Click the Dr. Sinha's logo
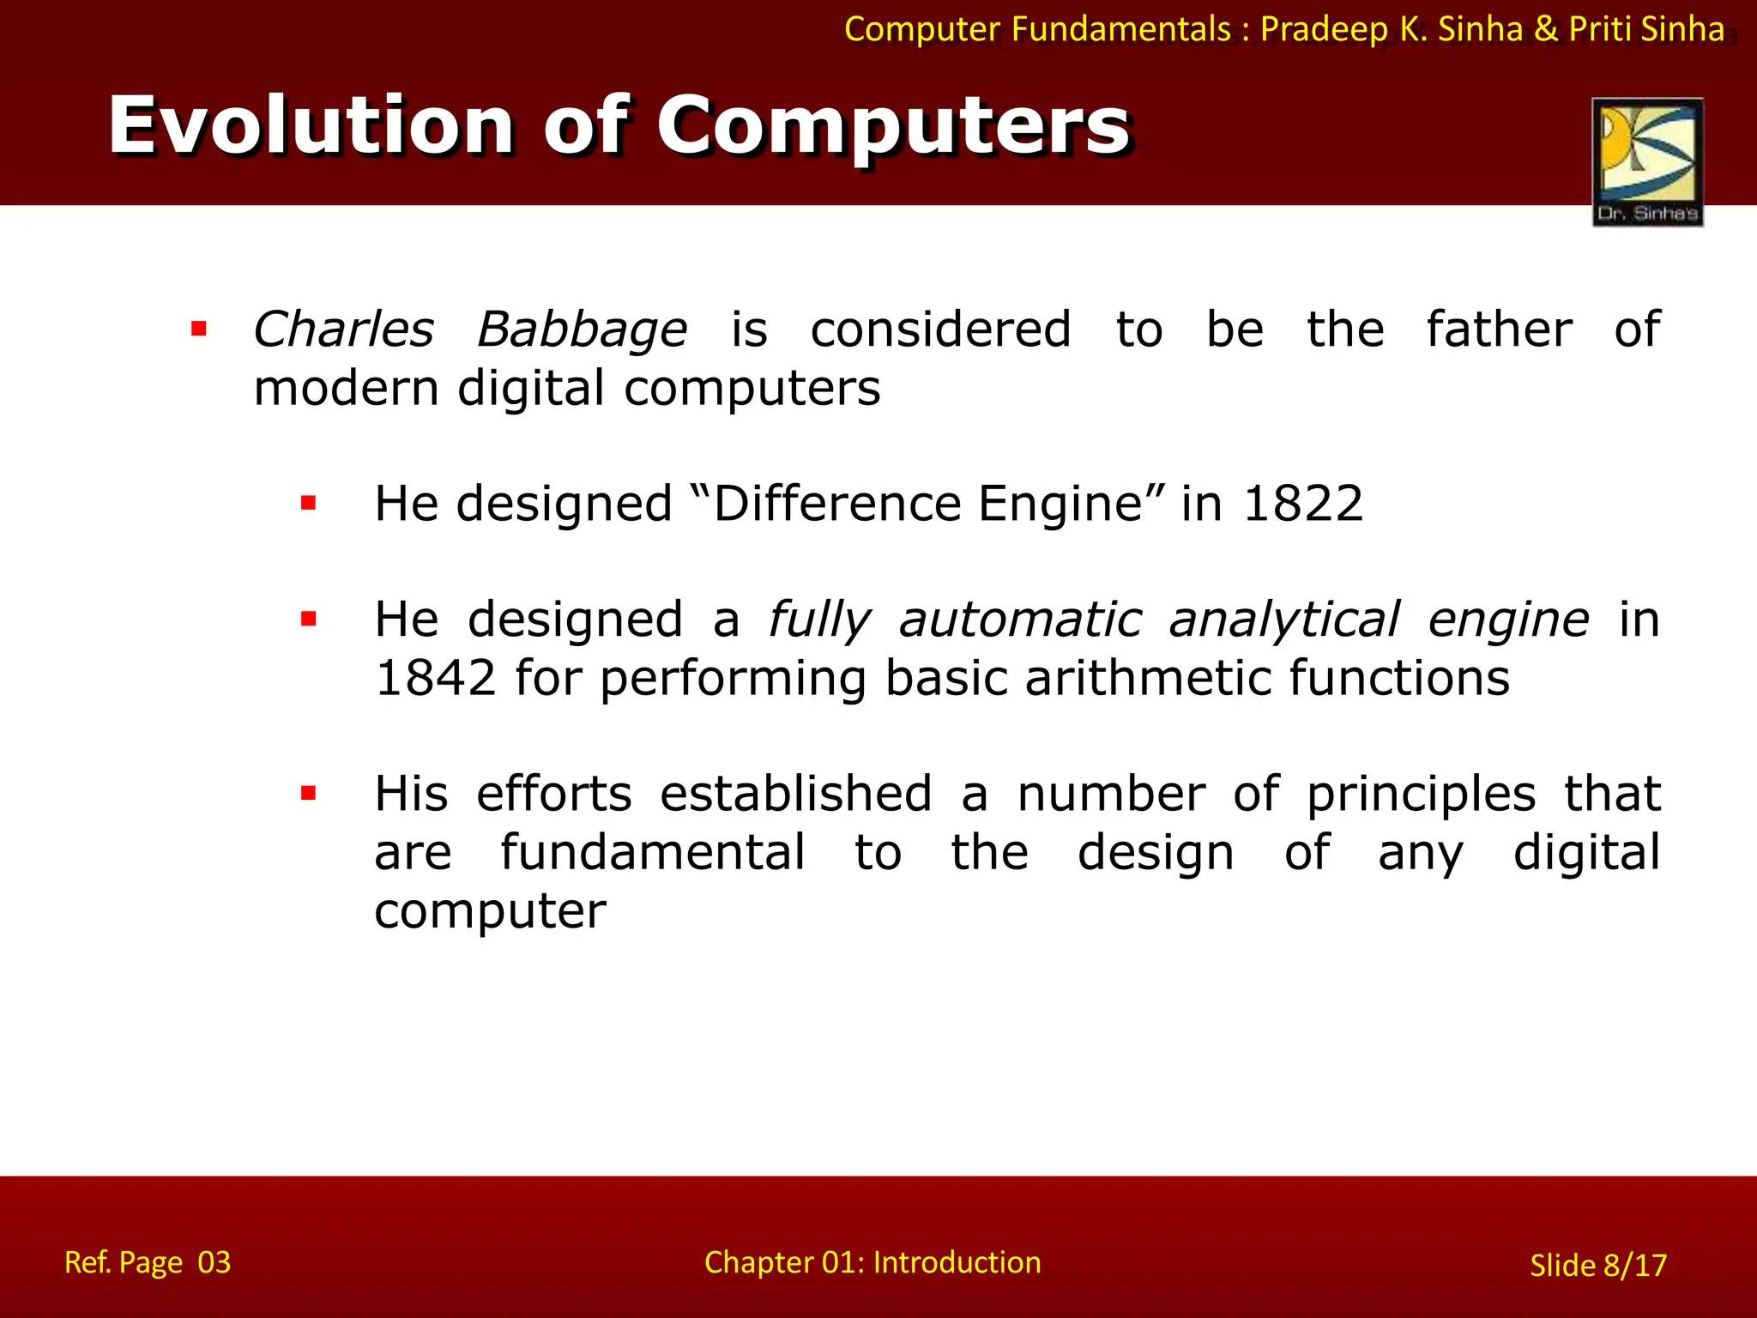[x=1647, y=161]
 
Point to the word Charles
[x=343, y=329]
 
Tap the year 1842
[x=436, y=678]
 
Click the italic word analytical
[x=1283, y=620]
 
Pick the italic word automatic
[x=1020, y=620]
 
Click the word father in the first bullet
[x=1499, y=329]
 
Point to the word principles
[x=1421, y=795]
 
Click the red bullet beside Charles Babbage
[x=199, y=329]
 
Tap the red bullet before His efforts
[x=309, y=794]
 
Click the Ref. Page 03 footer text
[x=148, y=1262]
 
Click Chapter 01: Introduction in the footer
[x=872, y=1262]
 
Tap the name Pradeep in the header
[x=1324, y=30]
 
